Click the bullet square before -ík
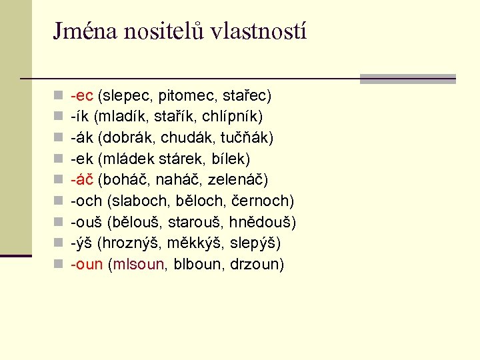pos(59,117)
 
